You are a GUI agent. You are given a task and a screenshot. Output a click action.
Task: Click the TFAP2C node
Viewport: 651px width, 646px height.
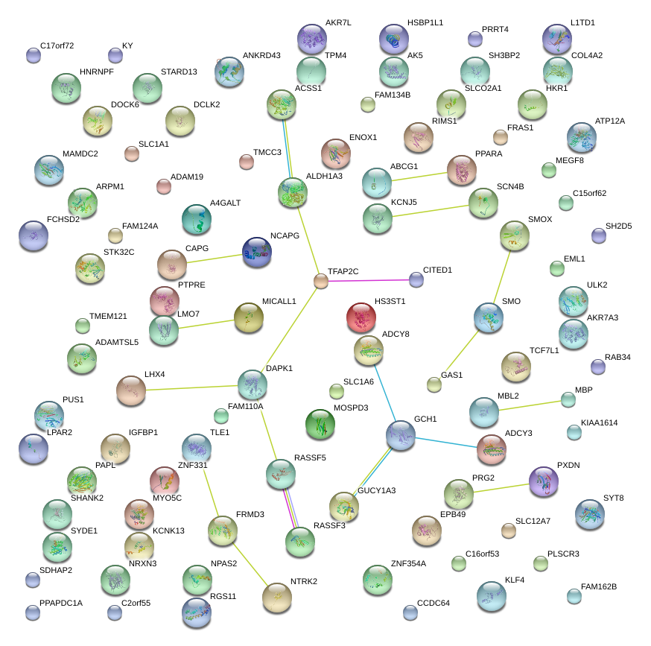tap(321, 281)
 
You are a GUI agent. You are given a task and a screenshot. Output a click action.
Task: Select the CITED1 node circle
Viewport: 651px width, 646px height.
tap(416, 279)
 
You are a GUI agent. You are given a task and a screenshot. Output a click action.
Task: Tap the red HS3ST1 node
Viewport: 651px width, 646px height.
tap(361, 317)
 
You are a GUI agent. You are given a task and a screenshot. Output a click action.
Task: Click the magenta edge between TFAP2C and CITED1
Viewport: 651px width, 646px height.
tap(369, 280)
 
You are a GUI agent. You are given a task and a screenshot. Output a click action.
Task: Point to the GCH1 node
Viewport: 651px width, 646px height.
tap(401, 434)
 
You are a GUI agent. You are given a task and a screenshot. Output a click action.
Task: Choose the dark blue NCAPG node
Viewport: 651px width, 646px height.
tap(257, 252)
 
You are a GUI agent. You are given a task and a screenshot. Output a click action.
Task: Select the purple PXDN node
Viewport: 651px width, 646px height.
tap(544, 481)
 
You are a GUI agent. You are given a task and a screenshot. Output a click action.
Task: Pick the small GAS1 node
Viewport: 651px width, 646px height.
tap(434, 384)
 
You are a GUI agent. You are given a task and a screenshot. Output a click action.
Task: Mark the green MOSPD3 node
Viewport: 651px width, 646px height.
tap(320, 423)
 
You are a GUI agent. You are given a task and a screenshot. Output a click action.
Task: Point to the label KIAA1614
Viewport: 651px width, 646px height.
tap(600, 422)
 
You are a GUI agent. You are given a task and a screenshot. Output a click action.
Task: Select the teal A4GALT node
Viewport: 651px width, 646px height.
tap(197, 219)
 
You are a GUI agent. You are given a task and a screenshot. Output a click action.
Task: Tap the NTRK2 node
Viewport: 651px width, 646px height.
tap(278, 595)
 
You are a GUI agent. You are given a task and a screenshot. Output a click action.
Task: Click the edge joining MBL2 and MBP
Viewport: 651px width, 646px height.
tap(530, 406)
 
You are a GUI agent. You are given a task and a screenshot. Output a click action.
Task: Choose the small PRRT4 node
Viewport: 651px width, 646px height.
tap(474, 39)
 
